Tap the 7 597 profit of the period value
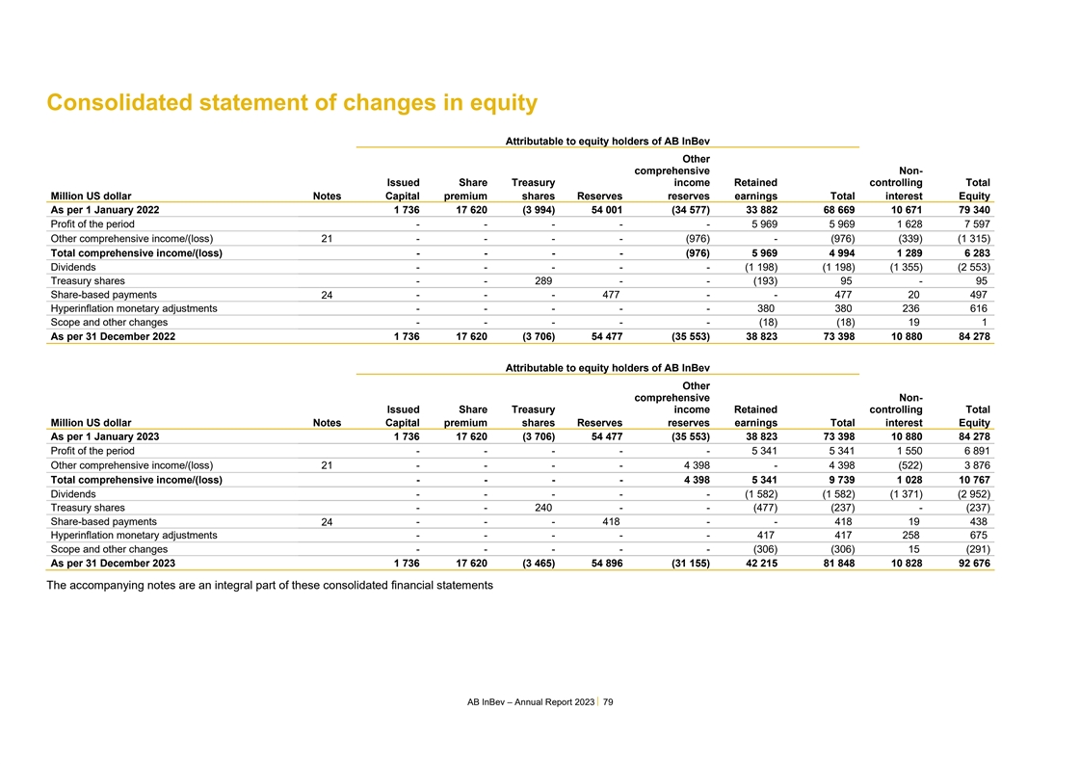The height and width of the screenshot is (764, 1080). coord(975,224)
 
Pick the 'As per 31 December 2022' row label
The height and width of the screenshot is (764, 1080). coord(113,337)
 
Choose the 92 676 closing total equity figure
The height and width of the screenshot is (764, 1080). coord(971,564)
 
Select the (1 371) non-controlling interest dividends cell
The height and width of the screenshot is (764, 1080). coord(903,494)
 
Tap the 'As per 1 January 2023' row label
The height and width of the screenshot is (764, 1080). coord(105,436)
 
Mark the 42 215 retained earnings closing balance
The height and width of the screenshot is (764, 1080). coord(757,564)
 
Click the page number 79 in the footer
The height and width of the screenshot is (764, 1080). coord(608,702)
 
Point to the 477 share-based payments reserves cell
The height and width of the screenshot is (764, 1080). coord(610,295)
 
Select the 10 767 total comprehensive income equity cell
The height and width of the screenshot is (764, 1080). coord(971,480)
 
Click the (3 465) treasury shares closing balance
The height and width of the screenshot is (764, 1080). coord(532,564)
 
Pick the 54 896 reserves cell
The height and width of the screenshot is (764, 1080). coord(603,564)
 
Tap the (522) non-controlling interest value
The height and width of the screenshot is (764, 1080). coord(906,465)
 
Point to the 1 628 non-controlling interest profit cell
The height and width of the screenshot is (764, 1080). coord(907,224)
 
